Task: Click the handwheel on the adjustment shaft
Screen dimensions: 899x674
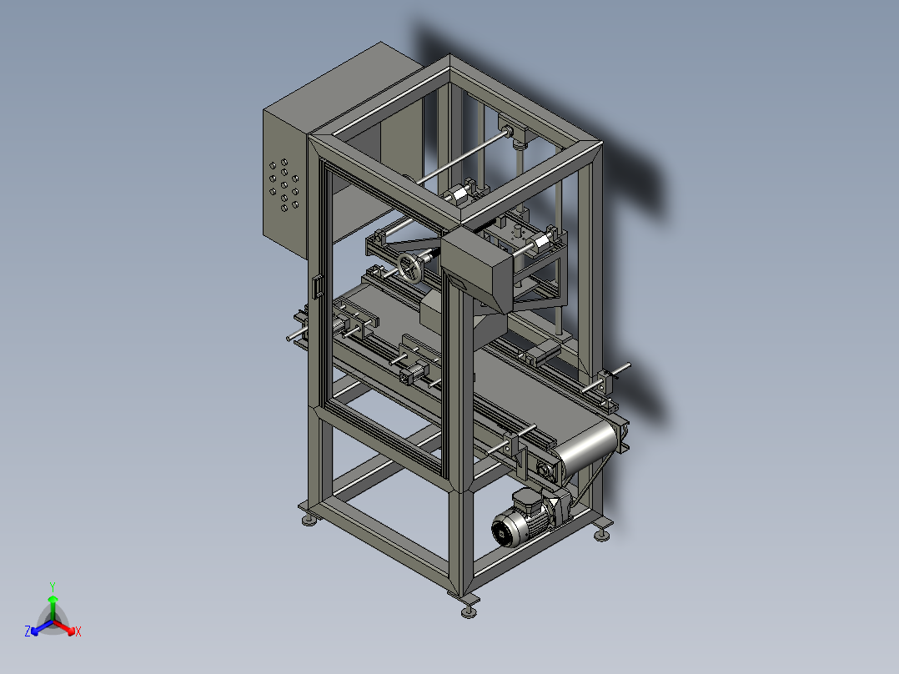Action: [x=410, y=268]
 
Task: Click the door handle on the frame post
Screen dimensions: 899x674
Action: [x=317, y=287]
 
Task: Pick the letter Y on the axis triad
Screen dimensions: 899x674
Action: [x=53, y=587]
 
